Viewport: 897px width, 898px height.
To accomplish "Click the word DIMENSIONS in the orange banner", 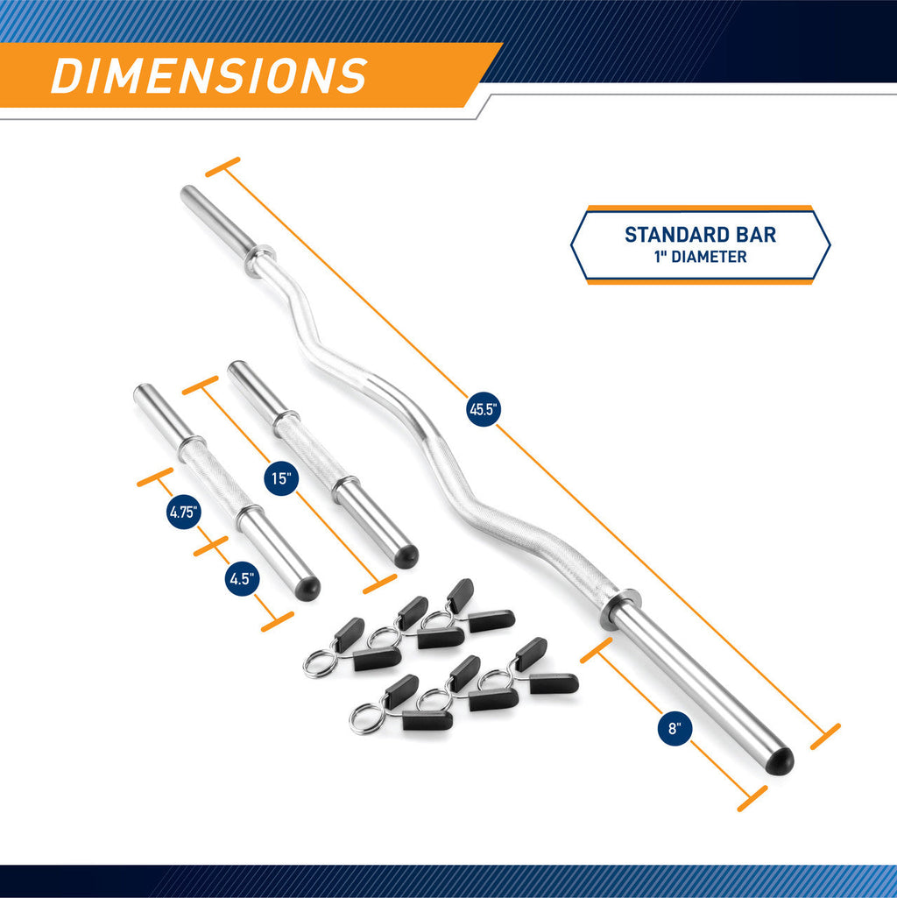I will tap(208, 75).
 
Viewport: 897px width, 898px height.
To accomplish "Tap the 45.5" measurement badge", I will tap(483, 409).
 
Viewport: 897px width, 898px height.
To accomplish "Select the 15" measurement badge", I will tap(280, 478).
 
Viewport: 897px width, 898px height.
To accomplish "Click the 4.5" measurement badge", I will tap(241, 578).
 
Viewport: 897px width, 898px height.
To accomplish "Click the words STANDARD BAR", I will tap(700, 235).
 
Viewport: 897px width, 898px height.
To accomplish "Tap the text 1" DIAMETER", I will tap(700, 257).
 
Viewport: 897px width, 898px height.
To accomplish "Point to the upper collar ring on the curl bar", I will tap(260, 259).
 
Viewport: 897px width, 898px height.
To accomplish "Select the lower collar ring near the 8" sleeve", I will tap(620, 609).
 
